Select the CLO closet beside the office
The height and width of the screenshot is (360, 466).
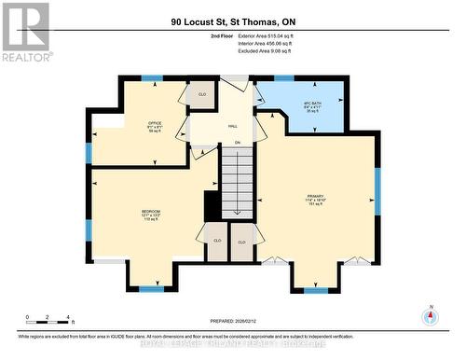(x=200, y=94)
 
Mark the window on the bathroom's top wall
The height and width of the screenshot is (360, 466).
(x=283, y=78)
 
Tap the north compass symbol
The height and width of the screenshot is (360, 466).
(x=431, y=317)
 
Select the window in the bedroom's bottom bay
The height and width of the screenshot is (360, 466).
(x=152, y=289)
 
